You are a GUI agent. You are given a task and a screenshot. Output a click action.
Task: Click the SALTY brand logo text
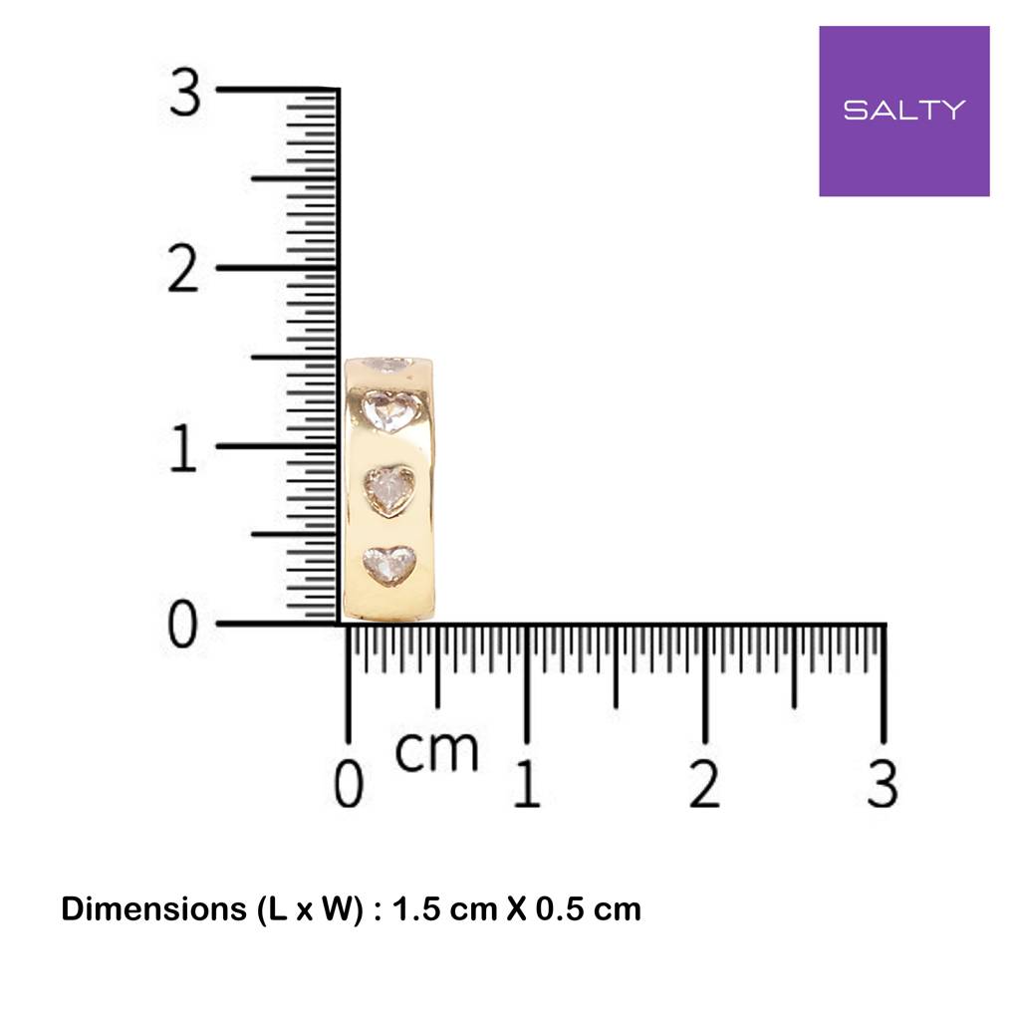click(x=904, y=110)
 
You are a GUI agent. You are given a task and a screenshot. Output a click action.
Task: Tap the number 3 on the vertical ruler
click(x=184, y=93)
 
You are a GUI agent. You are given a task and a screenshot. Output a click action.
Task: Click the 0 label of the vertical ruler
click(x=183, y=624)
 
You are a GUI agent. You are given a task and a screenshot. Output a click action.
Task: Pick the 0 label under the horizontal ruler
click(x=349, y=784)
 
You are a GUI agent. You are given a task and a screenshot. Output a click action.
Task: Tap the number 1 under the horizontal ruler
click(x=527, y=784)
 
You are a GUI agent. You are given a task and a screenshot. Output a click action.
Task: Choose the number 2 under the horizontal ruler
click(x=704, y=784)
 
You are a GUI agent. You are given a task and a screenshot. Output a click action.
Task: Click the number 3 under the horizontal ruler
click(x=883, y=784)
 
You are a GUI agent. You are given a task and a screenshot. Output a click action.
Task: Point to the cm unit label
click(x=436, y=751)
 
